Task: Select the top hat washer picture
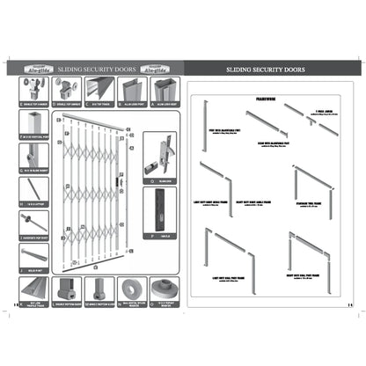tap(163, 288)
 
